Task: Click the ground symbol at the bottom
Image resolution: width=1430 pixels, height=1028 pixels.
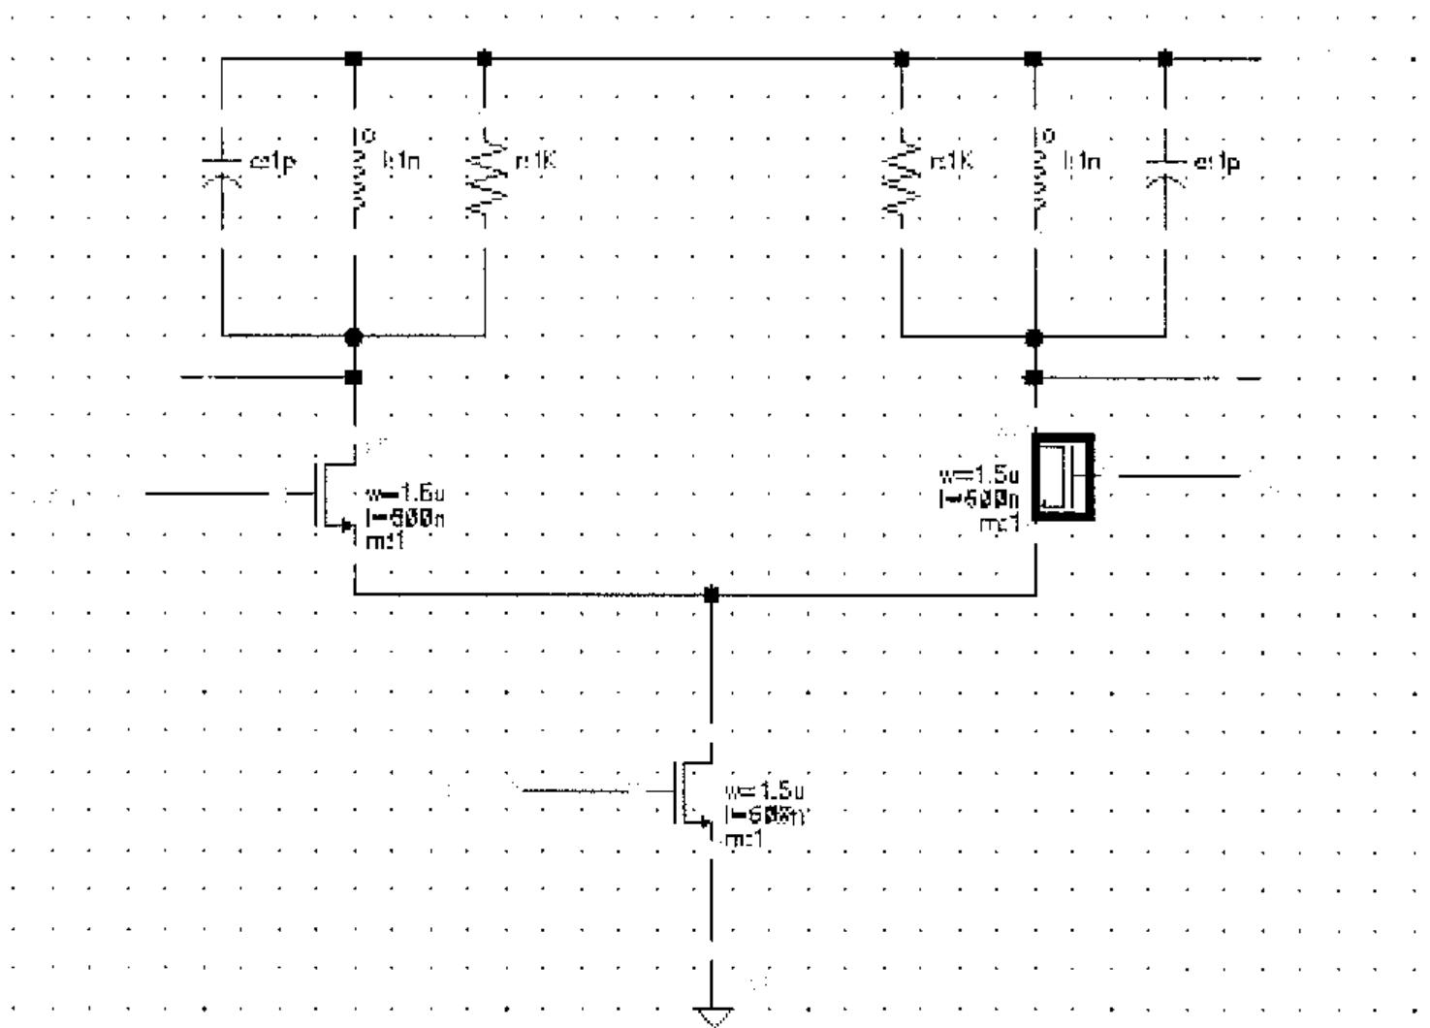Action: pos(713,1015)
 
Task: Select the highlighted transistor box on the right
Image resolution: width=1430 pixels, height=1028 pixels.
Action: pos(1064,477)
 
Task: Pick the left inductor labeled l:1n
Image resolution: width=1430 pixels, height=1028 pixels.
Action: pos(356,173)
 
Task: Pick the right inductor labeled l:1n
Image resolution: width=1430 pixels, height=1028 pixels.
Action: pos(1036,173)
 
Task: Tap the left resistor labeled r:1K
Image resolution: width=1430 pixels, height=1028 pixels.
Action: pos(486,173)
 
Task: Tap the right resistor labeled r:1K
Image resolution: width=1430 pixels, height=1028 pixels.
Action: pos(903,173)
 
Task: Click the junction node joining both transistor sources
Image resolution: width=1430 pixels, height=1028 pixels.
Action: pos(712,594)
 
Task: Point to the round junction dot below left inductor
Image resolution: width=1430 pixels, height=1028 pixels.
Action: pos(354,337)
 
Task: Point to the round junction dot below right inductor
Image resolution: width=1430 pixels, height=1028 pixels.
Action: pos(1034,337)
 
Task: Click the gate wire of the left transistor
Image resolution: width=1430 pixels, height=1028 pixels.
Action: pos(208,494)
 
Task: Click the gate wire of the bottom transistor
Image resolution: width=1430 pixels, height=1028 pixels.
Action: pos(577,790)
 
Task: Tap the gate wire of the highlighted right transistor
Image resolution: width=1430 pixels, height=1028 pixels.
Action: pos(1178,476)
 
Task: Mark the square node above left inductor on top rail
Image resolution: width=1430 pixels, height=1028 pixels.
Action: pos(354,58)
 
